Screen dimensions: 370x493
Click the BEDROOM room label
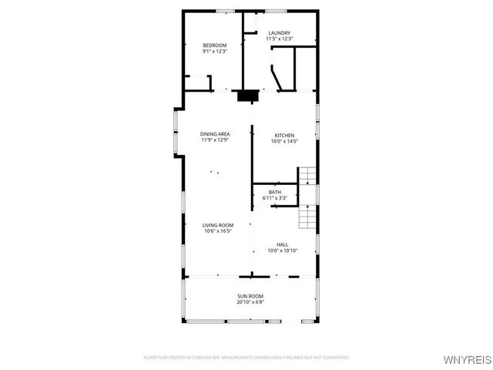(215, 45)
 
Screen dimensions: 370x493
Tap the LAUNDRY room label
(279, 32)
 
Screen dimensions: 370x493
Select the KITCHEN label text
(284, 136)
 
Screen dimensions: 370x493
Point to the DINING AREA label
(215, 134)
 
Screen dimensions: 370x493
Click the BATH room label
(275, 192)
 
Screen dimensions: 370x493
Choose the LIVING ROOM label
(218, 225)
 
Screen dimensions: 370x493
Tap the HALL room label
(282, 244)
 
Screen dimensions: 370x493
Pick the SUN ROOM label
(250, 296)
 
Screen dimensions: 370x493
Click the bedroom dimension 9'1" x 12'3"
(215, 52)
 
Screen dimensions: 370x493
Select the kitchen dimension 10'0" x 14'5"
(284, 142)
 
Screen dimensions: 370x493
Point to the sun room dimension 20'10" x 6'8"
(250, 302)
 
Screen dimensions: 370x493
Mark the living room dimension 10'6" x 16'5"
(218, 231)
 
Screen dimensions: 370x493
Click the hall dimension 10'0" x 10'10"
(282, 251)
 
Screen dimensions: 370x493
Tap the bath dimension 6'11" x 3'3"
(275, 198)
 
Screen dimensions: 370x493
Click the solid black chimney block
(247, 96)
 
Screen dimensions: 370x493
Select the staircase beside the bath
(308, 198)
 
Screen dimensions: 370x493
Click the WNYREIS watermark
(470, 359)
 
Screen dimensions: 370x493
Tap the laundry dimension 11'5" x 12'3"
(279, 39)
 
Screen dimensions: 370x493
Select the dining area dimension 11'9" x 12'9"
(215, 140)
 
